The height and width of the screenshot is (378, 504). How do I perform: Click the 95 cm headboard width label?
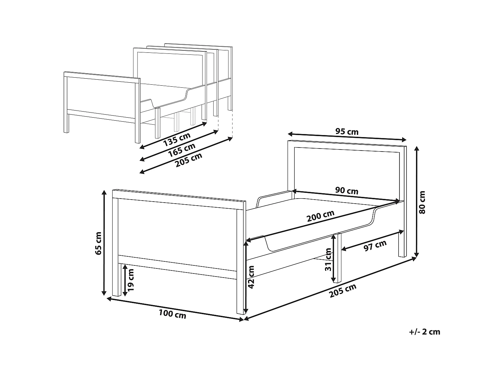coord(347,131)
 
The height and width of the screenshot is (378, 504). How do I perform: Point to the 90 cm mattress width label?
coord(347,191)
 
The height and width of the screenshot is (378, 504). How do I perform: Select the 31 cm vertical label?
coord(328,259)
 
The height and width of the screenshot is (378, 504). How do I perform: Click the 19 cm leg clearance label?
coord(131,280)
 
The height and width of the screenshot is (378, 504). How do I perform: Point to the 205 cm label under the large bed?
coord(342,291)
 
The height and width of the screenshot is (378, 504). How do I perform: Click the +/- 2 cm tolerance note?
coord(424,332)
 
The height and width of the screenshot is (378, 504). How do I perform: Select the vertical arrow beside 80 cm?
coord(417,202)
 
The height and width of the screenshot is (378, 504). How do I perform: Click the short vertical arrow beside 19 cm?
coord(125,280)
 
